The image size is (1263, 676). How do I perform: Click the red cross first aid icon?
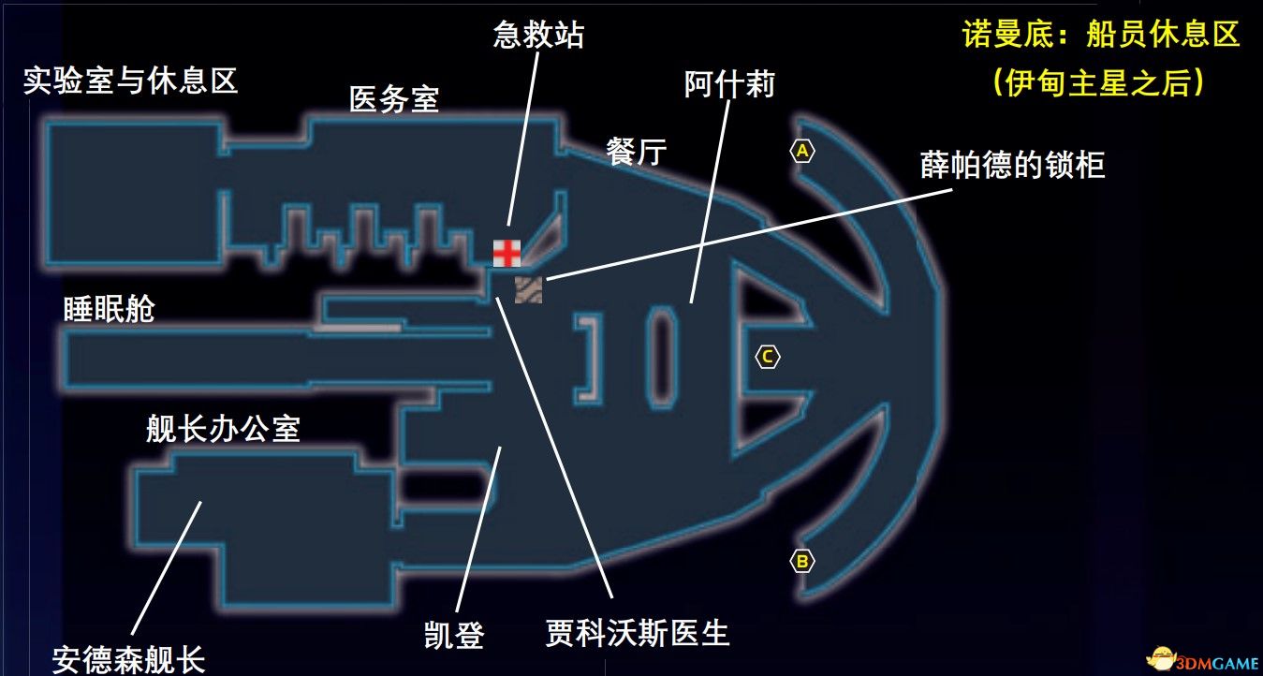click(x=507, y=253)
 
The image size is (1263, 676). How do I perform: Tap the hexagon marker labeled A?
click(x=801, y=151)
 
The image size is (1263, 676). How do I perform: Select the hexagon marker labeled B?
click(x=801, y=562)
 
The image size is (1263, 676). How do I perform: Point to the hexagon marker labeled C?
click(x=767, y=357)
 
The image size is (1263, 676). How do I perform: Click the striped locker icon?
click(x=528, y=289)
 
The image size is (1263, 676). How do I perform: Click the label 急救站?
click(x=538, y=36)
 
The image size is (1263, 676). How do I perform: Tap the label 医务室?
click(x=393, y=99)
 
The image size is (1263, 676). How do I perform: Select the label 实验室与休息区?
click(x=131, y=81)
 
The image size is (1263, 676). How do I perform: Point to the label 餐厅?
click(x=637, y=152)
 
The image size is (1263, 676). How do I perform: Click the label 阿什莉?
click(x=729, y=85)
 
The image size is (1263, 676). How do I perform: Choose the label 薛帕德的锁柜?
click(x=1013, y=166)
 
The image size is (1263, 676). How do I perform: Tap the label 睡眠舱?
click(x=109, y=309)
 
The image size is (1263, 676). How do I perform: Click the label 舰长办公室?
click(x=223, y=429)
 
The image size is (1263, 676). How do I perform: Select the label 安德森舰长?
click(x=128, y=659)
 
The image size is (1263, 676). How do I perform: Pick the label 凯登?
click(x=454, y=637)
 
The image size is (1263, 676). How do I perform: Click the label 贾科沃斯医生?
click(x=637, y=634)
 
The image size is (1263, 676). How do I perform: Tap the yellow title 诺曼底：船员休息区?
click(x=1101, y=36)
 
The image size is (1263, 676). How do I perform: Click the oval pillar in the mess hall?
click(x=664, y=357)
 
